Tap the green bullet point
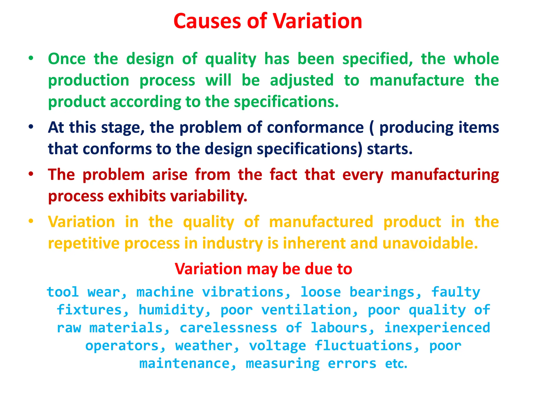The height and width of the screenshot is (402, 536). tap(31, 58)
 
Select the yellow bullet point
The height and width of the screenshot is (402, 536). tap(31, 221)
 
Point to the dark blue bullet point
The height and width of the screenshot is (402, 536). tap(31, 127)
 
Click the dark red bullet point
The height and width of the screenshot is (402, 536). tap(31, 174)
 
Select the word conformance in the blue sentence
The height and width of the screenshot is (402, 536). tap(315, 127)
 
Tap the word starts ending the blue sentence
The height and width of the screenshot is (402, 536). tap(389, 149)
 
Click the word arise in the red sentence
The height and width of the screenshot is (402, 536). tap(170, 175)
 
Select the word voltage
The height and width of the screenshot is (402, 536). tap(277, 346)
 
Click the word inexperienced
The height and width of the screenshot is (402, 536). tap(437, 328)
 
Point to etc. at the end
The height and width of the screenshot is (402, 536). tap(396, 364)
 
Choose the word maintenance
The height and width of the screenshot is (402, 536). tap(188, 364)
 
